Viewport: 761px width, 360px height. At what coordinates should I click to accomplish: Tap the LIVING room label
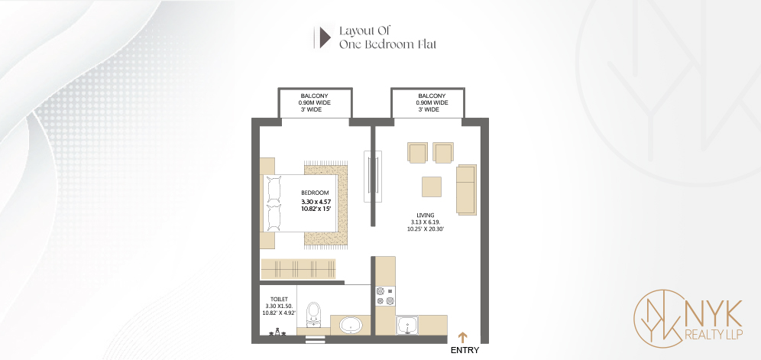(425, 215)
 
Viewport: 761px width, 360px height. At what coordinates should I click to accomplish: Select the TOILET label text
(280, 300)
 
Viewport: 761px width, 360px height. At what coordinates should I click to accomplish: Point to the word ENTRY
(465, 350)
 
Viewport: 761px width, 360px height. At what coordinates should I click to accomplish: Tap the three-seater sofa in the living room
(466, 190)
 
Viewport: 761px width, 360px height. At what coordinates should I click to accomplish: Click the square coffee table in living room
(432, 186)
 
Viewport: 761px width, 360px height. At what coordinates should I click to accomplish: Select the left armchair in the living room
(417, 153)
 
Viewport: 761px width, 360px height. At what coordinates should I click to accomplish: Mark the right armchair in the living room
(442, 153)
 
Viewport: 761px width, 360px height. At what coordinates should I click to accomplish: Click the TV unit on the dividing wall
(373, 177)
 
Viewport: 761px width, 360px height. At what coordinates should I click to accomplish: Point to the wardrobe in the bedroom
(299, 269)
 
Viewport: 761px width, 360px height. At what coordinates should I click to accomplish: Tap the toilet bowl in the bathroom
(315, 315)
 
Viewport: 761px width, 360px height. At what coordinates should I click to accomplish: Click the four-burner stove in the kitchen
(385, 296)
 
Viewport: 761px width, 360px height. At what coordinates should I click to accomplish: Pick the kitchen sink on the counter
(406, 325)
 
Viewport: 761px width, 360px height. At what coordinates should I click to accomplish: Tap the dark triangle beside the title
(325, 37)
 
